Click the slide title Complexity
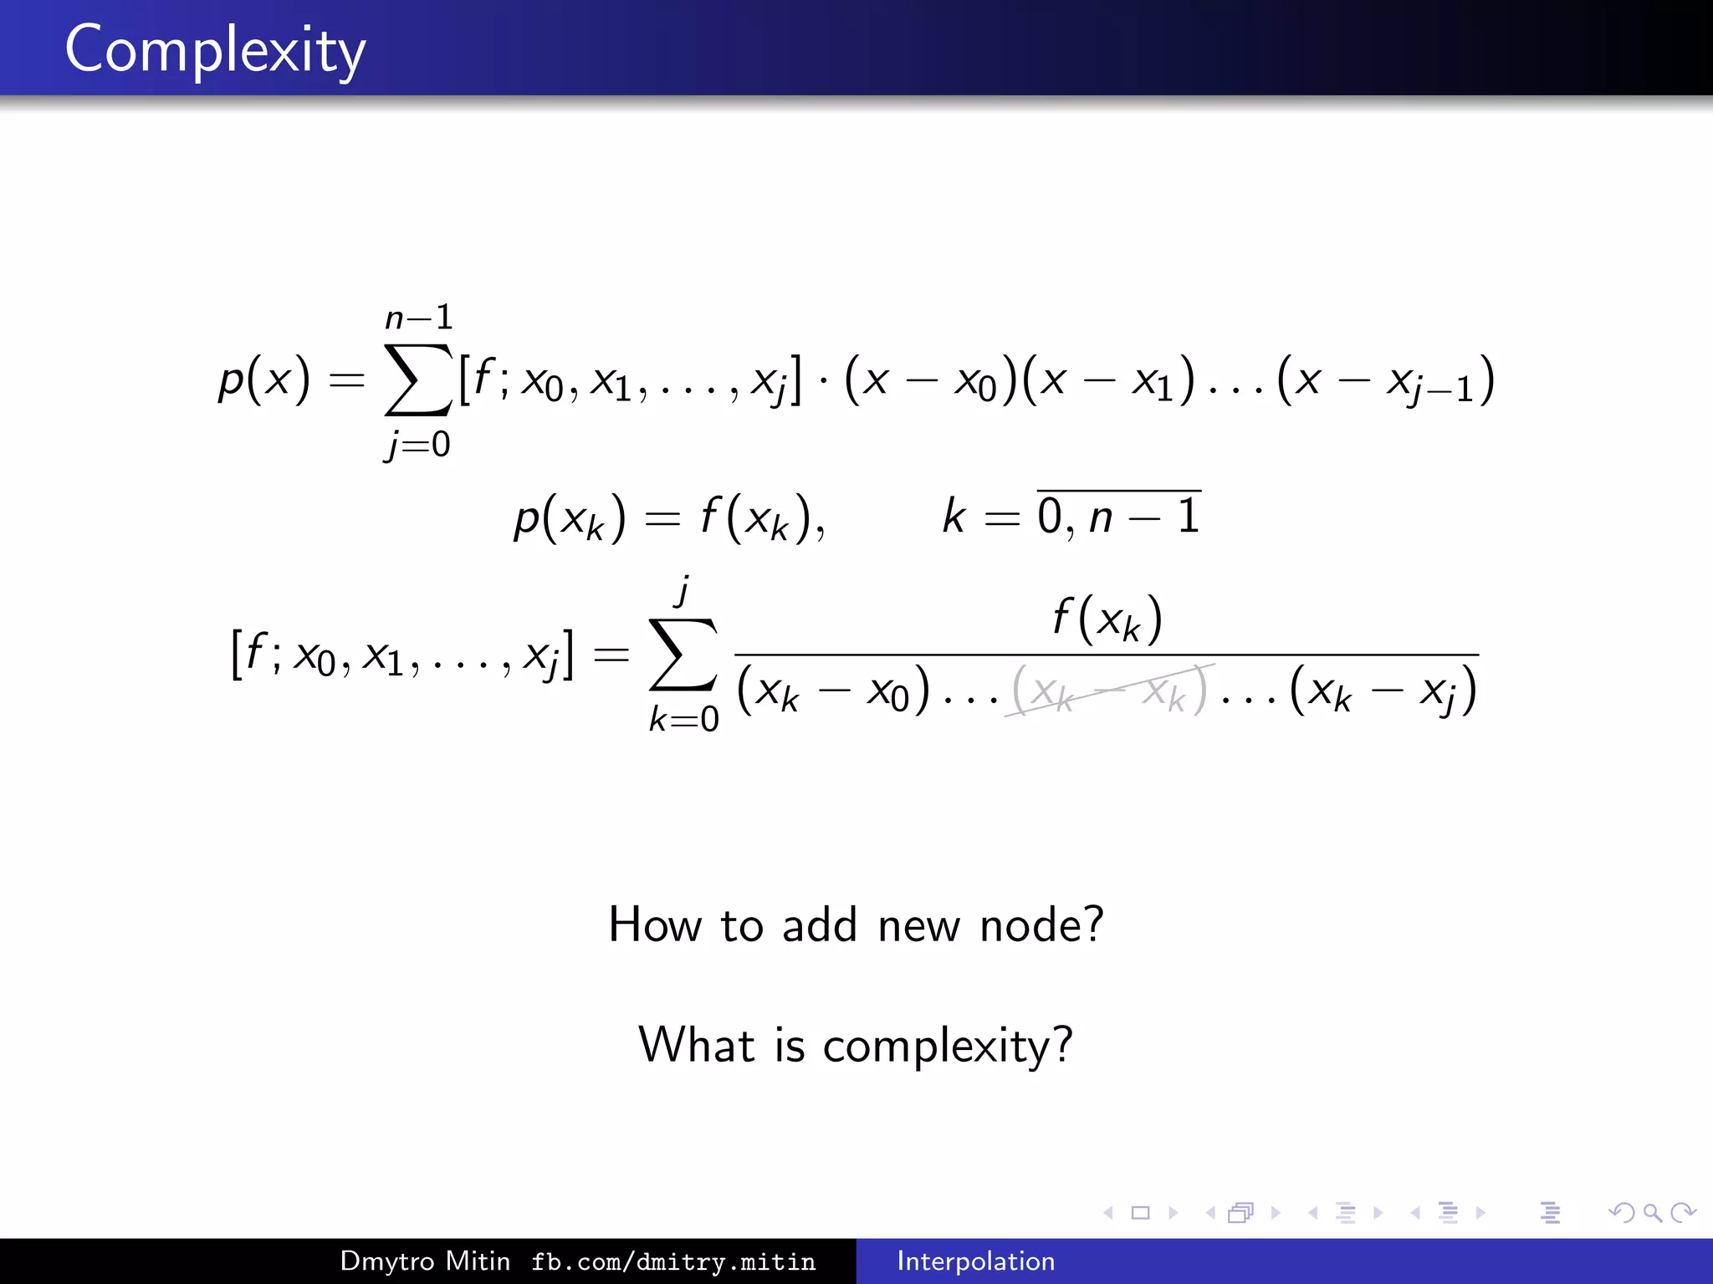click(215, 50)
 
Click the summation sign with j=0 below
click(417, 380)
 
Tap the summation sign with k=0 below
click(683, 655)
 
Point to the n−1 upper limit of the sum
click(418, 318)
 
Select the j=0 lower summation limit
click(417, 444)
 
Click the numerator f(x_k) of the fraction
click(1107, 619)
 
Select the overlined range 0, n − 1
click(1118, 515)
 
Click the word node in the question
click(1041, 925)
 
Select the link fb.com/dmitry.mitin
click(673, 1261)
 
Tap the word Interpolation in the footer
click(975, 1261)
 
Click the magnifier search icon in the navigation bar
click(1651, 1212)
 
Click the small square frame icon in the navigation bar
click(1140, 1212)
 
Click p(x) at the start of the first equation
click(263, 380)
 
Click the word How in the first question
click(654, 925)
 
